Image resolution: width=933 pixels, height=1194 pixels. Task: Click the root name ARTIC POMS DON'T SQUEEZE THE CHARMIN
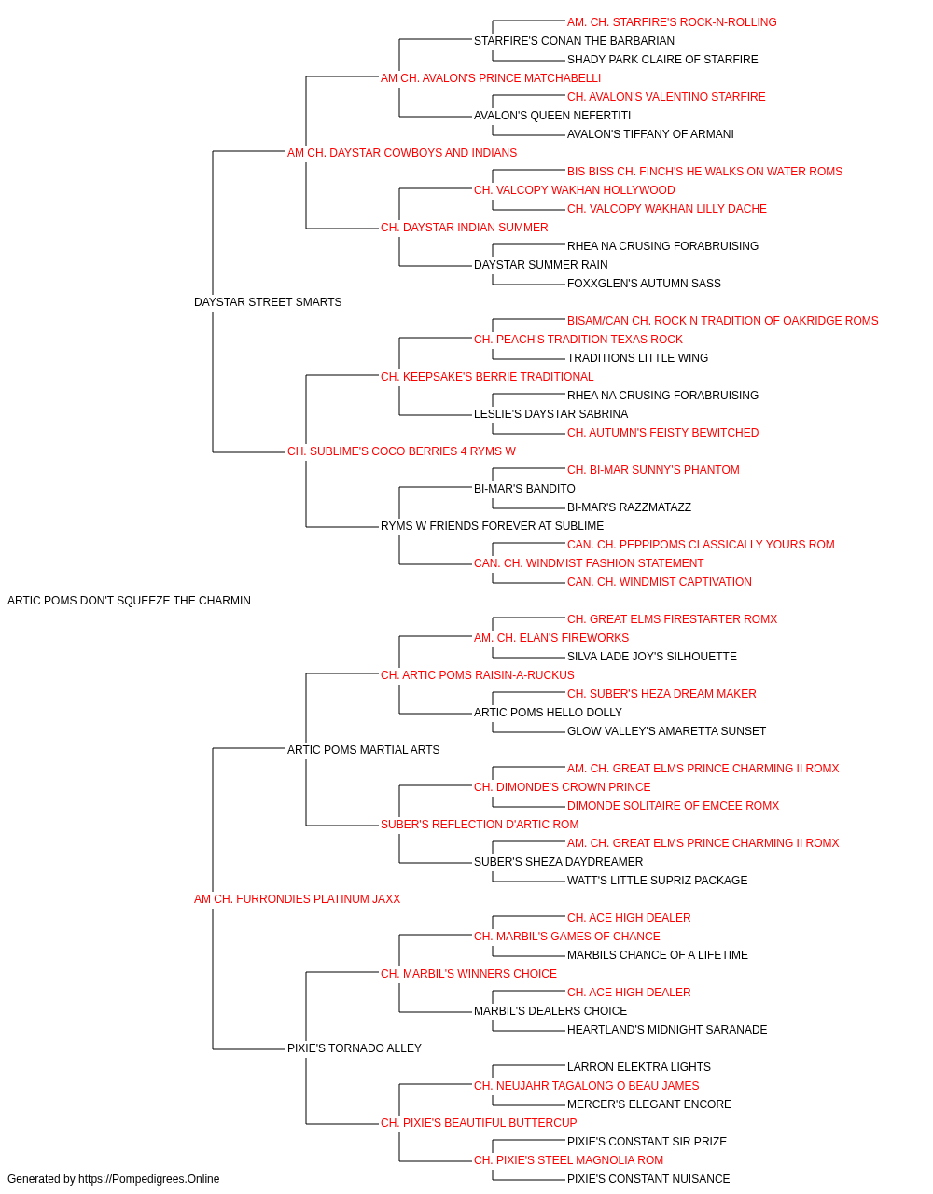tap(129, 601)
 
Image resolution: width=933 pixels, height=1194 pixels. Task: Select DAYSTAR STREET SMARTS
tap(268, 302)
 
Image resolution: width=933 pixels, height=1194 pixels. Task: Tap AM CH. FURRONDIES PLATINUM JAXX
tap(297, 899)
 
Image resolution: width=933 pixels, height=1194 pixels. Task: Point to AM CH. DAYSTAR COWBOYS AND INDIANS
tap(402, 153)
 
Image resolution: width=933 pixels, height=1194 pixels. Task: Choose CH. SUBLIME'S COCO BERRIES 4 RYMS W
tap(401, 451)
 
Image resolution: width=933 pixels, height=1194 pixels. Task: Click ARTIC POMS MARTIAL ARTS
tap(363, 749)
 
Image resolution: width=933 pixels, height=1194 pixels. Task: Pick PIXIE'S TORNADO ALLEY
tap(355, 1048)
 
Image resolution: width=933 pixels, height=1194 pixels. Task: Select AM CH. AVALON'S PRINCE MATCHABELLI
tap(491, 78)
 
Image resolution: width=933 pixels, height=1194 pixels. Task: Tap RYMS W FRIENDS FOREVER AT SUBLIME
tap(492, 526)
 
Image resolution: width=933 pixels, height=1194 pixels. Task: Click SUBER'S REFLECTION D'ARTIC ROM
tap(480, 825)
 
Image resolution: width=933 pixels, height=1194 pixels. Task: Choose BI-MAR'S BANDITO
tap(524, 489)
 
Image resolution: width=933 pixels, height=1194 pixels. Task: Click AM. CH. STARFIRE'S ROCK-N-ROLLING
tap(672, 22)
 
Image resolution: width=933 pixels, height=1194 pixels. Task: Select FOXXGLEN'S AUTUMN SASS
tap(644, 284)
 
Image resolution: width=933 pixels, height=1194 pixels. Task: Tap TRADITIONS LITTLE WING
tap(637, 357)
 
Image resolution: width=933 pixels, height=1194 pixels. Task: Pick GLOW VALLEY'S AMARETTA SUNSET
tap(666, 730)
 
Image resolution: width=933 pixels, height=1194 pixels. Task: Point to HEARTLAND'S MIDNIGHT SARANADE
tap(667, 1029)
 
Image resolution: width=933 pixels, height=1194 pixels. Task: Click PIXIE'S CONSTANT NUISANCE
tap(648, 1179)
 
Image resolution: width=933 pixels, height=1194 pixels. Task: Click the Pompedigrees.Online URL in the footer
tap(149, 1179)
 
